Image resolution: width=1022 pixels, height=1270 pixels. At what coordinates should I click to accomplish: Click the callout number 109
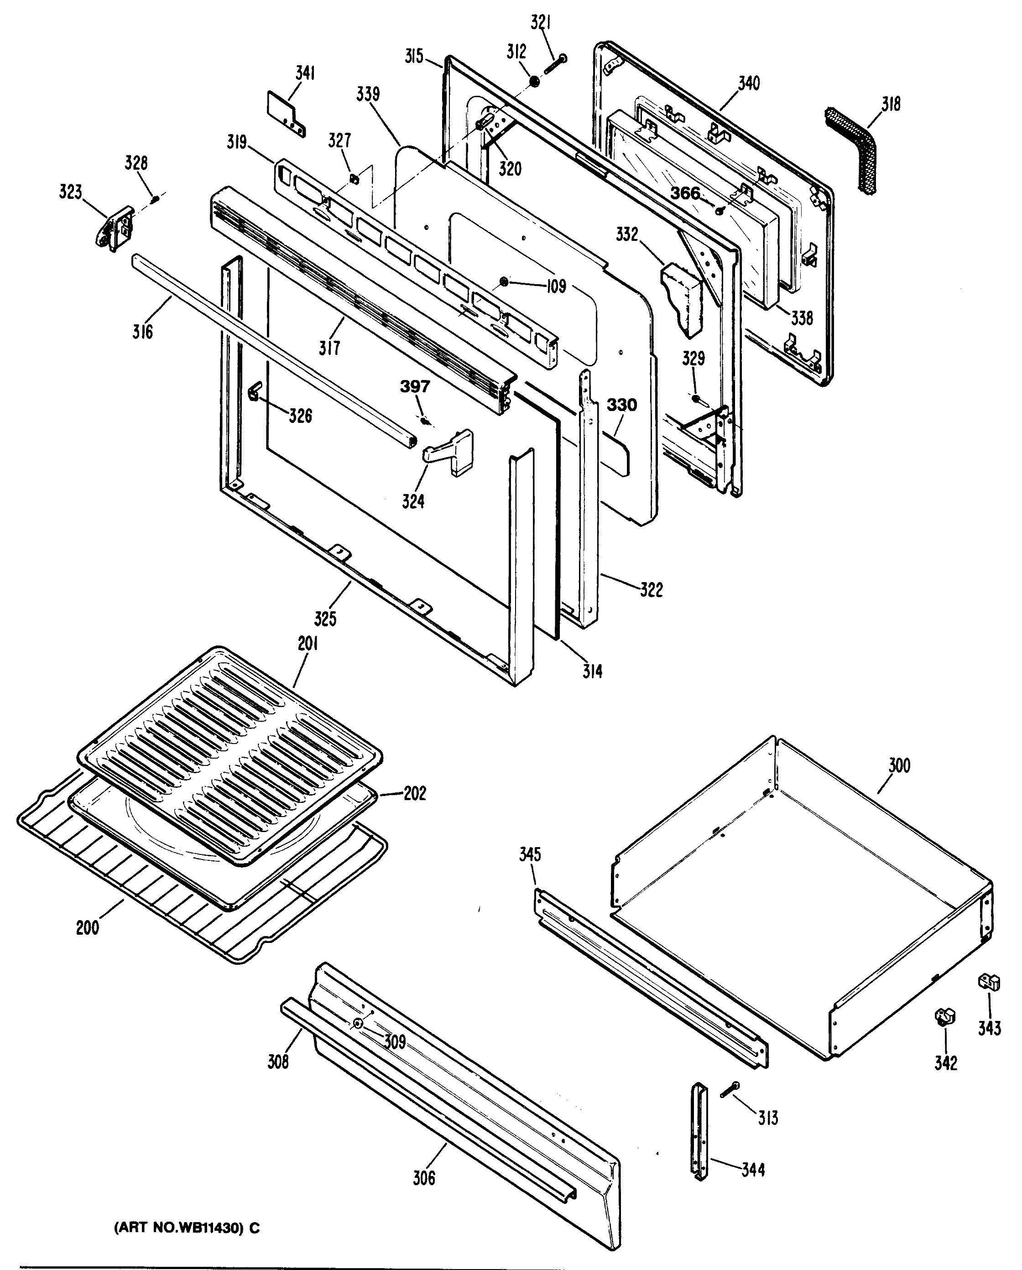click(555, 287)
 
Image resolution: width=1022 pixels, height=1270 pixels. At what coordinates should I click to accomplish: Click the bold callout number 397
click(415, 387)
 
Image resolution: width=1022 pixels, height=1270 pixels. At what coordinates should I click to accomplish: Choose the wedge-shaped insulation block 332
click(682, 298)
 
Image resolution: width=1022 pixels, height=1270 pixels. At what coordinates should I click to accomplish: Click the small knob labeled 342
click(945, 1017)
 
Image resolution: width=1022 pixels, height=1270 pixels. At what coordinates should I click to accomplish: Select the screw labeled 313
click(730, 1090)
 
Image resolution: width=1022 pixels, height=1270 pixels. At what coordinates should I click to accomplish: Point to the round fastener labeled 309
click(358, 1024)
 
